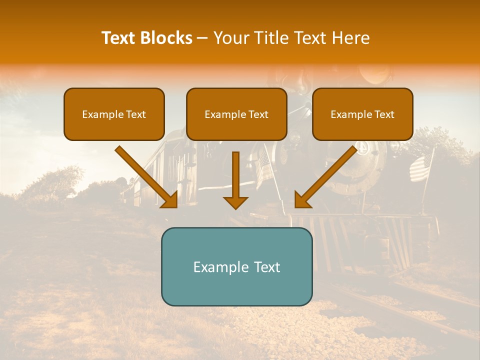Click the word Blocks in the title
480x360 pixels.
click(167, 38)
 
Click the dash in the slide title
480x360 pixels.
click(202, 38)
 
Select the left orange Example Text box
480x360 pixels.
click(114, 114)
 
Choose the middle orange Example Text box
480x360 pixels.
click(236, 114)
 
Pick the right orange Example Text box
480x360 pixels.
click(362, 114)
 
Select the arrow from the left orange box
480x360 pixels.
click(147, 177)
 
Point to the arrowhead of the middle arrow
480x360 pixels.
click(235, 202)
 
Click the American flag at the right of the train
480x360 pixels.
click(421, 167)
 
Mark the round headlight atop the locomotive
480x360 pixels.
click(375, 75)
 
